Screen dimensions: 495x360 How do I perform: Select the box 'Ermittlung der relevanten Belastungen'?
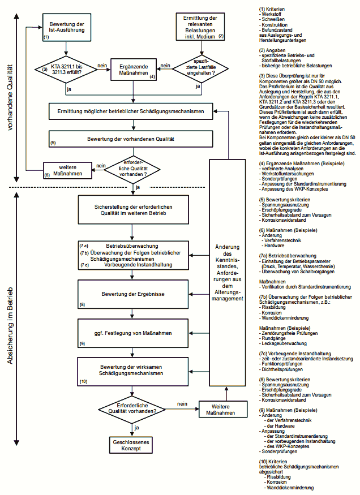201,26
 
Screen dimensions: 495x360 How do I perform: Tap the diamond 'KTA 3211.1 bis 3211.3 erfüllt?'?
67,68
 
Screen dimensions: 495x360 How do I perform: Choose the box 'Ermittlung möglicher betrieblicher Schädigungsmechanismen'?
134,112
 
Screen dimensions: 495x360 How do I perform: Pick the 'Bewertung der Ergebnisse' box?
134,294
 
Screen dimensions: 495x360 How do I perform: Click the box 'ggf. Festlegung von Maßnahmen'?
134,332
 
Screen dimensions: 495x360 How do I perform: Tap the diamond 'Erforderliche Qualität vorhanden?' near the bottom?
132,408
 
